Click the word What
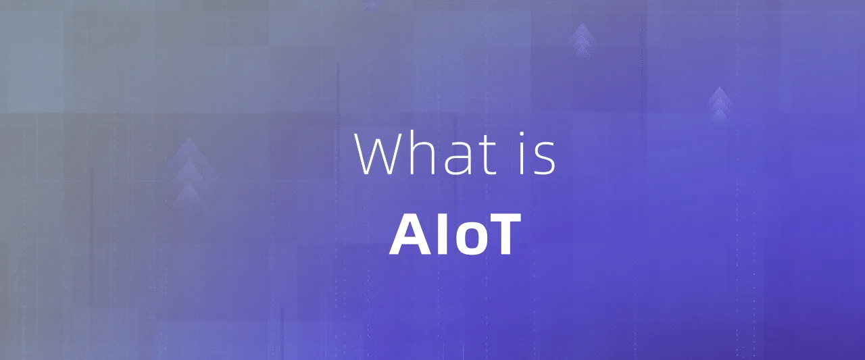[425, 153]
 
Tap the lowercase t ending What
[486, 155]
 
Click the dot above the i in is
[522, 134]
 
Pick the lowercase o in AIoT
[468, 238]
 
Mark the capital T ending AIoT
[503, 234]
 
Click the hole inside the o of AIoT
[468, 238]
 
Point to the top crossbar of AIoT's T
[503, 218]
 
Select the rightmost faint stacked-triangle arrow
[720, 103]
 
